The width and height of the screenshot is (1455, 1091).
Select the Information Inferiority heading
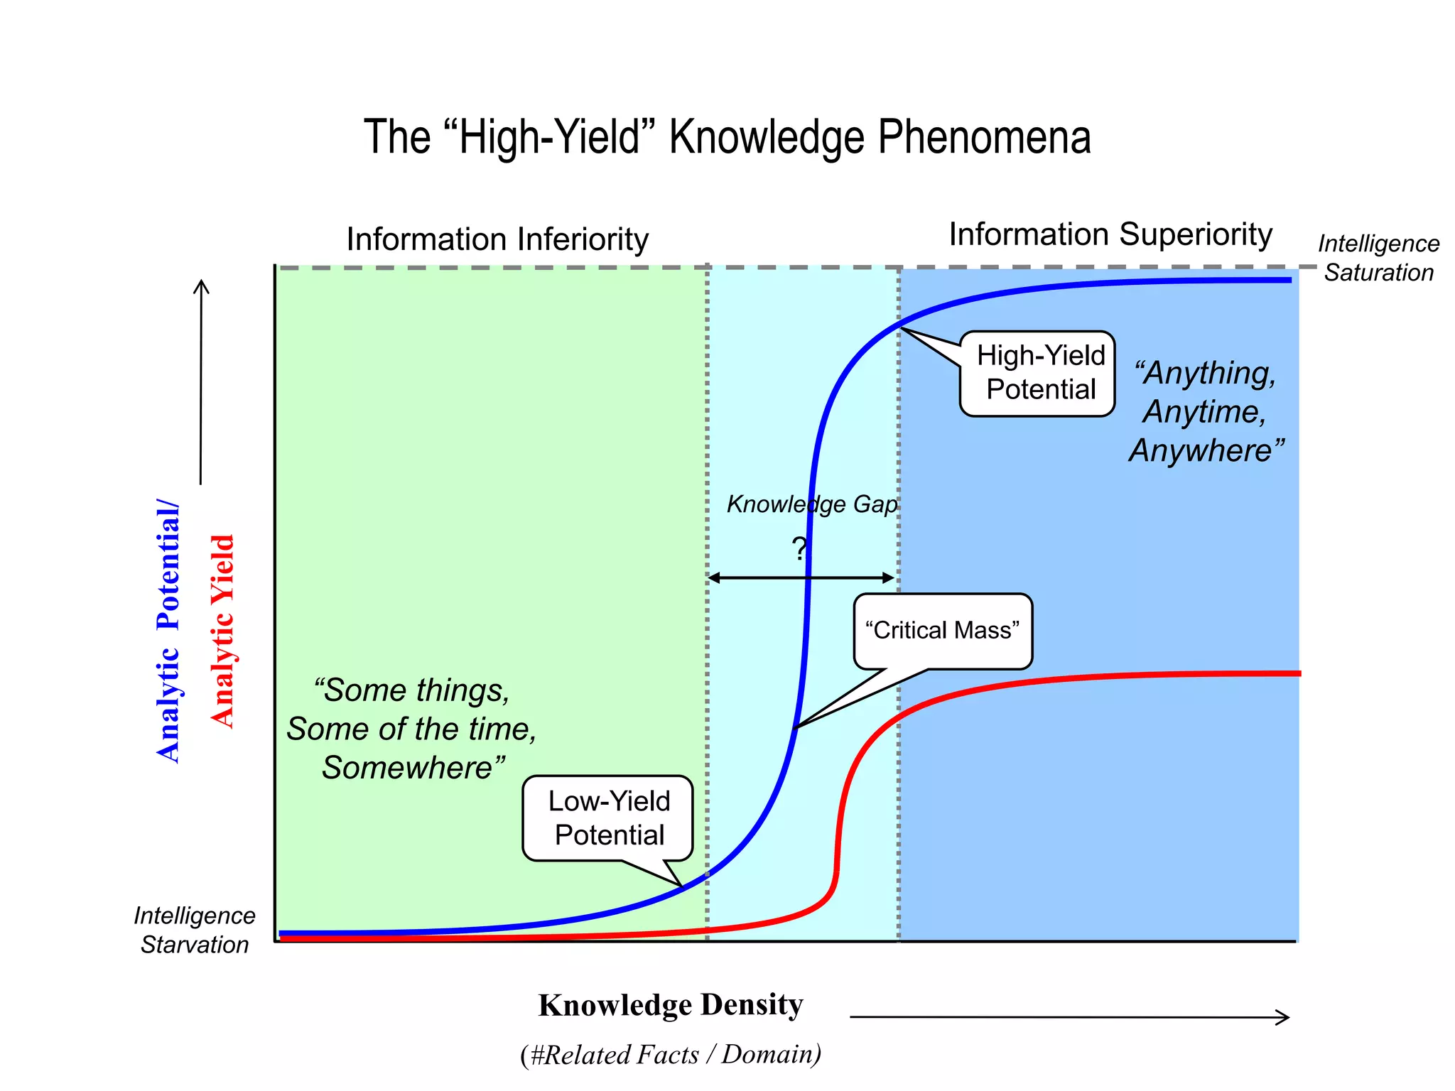pyautogui.click(x=497, y=239)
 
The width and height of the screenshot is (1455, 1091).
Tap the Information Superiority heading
pyautogui.click(x=1110, y=234)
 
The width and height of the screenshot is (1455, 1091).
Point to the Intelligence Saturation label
pyautogui.click(x=1378, y=258)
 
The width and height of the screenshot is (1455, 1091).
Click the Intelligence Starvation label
pyautogui.click(x=194, y=930)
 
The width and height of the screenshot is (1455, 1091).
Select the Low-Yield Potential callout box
pyautogui.click(x=608, y=818)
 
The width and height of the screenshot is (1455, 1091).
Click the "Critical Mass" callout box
pyautogui.click(x=942, y=631)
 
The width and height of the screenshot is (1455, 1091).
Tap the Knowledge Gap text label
pyautogui.click(x=811, y=504)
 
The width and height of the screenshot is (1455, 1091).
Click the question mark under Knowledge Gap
pyautogui.click(x=799, y=548)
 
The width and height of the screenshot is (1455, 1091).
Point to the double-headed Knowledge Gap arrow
pyautogui.click(x=801, y=577)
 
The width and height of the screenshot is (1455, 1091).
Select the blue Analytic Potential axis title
pyautogui.click(x=168, y=632)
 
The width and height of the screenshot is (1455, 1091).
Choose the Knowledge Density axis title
pyautogui.click(x=671, y=1005)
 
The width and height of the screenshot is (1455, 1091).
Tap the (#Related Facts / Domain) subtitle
pyautogui.click(x=671, y=1055)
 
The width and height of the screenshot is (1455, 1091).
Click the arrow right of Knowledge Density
pyautogui.click(x=1069, y=1017)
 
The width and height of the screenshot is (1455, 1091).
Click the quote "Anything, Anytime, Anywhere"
pyautogui.click(x=1206, y=411)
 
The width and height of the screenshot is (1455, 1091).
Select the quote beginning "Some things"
pyautogui.click(x=412, y=729)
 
